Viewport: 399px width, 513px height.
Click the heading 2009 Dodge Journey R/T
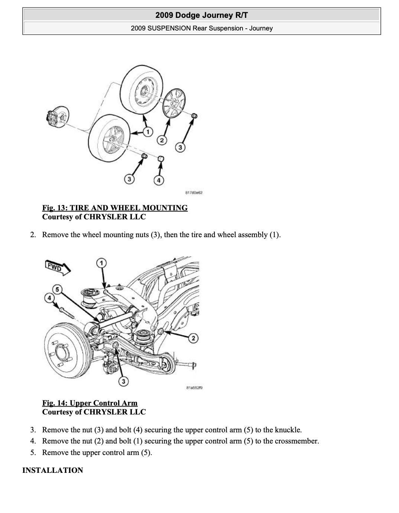(x=201, y=15)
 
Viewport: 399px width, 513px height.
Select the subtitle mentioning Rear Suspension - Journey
(x=201, y=28)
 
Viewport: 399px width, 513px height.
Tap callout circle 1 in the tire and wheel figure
(x=147, y=132)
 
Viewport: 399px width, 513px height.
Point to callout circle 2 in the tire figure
(x=162, y=140)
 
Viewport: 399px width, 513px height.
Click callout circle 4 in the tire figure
(x=159, y=180)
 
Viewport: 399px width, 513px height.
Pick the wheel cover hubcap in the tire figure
(x=174, y=104)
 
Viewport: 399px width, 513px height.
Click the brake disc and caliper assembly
(x=56, y=118)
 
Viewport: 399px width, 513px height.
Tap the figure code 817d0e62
(x=194, y=193)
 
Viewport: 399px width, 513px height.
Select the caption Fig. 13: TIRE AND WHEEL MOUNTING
(x=115, y=208)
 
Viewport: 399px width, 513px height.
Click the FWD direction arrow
(x=58, y=267)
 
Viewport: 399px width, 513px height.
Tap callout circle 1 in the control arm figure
(x=101, y=263)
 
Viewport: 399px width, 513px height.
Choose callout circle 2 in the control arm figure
(x=193, y=338)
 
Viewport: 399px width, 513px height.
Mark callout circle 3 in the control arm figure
(x=123, y=381)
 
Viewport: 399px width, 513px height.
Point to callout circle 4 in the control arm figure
(x=49, y=298)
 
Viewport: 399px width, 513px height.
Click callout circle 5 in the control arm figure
(x=57, y=289)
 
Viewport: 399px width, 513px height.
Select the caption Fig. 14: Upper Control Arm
(x=90, y=403)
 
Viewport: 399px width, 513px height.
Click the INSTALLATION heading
(x=53, y=470)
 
